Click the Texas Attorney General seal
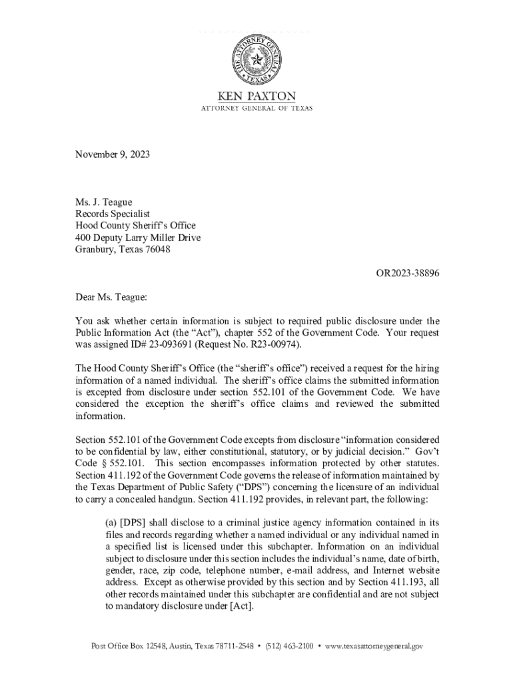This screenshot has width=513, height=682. pos(256,60)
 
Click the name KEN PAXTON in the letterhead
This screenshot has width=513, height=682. pos(256,96)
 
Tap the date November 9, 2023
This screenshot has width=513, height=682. pos(112,155)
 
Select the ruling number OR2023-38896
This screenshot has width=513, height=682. pos(408,274)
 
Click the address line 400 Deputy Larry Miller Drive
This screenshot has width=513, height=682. pos(137,238)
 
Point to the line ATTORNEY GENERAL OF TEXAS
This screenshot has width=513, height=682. pos(256,108)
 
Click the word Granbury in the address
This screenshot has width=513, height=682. pos(94,250)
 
